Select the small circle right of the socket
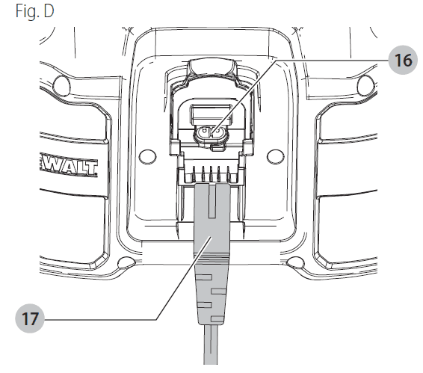pyautogui.click(x=275, y=156)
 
